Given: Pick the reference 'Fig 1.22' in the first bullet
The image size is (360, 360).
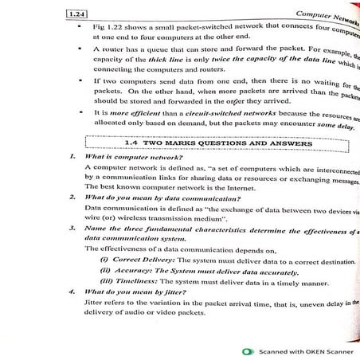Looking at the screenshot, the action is tap(109, 26).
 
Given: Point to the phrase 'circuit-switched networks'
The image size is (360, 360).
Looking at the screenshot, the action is tap(213, 115).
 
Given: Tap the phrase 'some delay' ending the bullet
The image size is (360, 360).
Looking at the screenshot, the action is tap(331, 125).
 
